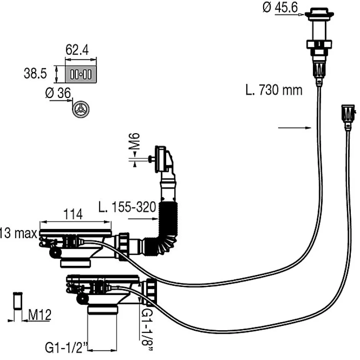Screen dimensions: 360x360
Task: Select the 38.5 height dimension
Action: point(35,73)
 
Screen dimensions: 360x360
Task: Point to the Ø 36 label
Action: point(58,93)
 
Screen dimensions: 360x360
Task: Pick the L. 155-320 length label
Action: point(131,208)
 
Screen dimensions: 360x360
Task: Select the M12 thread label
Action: point(40,315)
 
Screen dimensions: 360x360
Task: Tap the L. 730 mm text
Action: point(273,90)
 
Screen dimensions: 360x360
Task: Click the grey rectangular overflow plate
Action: point(81,74)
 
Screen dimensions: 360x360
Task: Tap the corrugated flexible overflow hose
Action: point(166,226)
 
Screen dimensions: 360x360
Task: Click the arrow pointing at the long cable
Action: point(293,128)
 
